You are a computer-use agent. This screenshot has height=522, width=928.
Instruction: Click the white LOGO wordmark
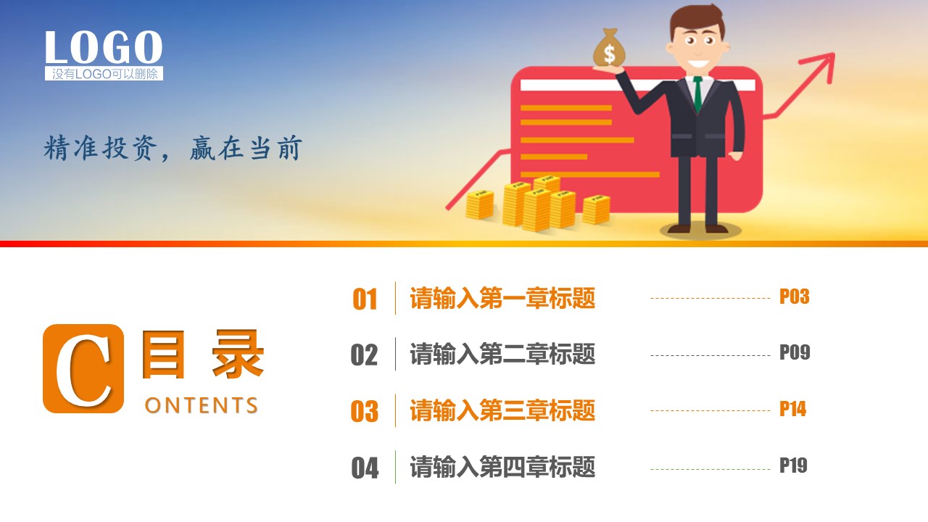point(104,47)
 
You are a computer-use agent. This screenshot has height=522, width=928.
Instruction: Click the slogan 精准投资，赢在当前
point(173,148)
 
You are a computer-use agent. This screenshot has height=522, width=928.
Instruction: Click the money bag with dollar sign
point(609,48)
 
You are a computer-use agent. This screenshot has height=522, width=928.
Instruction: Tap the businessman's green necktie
point(698,94)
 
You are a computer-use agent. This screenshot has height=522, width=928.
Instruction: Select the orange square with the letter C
point(83,368)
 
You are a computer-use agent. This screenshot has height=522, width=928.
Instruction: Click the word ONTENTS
point(202,405)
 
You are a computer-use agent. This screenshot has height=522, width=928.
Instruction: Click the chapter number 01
point(365,299)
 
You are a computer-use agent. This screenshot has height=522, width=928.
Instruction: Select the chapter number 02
point(364,355)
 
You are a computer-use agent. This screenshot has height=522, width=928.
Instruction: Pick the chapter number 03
point(365,411)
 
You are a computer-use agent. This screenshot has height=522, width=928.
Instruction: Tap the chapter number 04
point(365,468)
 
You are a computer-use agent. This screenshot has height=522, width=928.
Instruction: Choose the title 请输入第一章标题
point(502,298)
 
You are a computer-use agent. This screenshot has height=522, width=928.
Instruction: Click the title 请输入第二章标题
point(502,354)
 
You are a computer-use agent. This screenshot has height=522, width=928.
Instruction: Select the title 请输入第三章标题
point(502,410)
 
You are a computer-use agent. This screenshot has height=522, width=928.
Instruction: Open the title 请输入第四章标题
point(502,467)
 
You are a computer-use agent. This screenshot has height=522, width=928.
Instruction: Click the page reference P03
point(794,297)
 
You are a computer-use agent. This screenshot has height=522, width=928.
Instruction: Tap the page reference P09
point(795,352)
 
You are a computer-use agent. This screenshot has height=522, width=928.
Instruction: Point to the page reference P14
point(793,409)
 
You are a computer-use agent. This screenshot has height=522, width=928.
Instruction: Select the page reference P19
point(793,465)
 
